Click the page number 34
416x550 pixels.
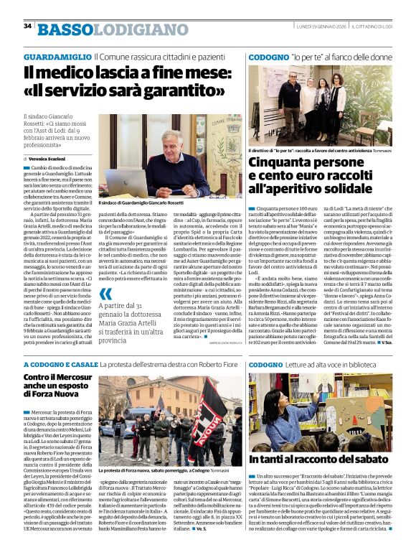point(27,26)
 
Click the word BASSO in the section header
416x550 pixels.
point(65,28)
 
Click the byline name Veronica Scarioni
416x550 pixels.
point(51,158)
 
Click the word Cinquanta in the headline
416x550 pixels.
point(283,163)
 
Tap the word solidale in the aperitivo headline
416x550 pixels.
point(367,190)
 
